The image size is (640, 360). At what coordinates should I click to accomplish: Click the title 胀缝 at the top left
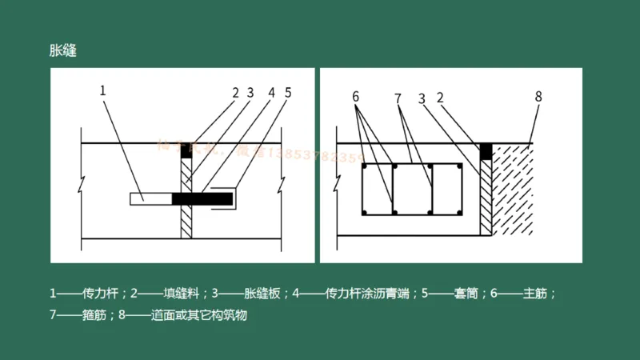click(63, 50)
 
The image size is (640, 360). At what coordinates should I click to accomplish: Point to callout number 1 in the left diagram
click(103, 90)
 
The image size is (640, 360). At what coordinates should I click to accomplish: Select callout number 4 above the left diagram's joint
click(271, 93)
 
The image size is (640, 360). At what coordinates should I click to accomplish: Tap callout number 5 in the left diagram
click(288, 93)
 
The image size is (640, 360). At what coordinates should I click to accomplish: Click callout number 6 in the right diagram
click(356, 97)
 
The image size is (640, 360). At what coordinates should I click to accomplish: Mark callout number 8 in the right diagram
click(538, 96)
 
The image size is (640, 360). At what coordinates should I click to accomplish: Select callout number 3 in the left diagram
click(250, 93)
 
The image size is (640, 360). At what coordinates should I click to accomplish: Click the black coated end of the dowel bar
click(202, 198)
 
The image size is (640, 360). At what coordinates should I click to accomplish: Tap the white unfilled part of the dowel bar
click(150, 198)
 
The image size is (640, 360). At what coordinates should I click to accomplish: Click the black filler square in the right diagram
click(485, 150)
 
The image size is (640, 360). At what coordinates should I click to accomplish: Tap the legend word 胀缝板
click(263, 294)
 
